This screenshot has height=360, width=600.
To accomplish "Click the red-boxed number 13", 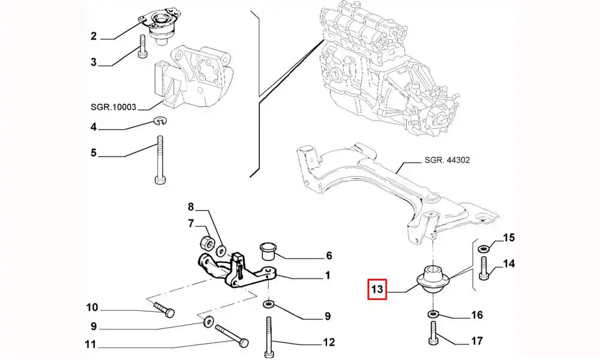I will pos(377,291).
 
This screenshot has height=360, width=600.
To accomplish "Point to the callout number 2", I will pos(94,37).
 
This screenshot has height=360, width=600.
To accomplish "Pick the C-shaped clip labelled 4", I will pos(160,122).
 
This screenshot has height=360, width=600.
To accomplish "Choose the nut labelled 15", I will pos(484,247).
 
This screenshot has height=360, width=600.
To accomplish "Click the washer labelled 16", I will pos(433,314).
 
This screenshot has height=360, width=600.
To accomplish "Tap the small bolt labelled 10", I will pos(164,310).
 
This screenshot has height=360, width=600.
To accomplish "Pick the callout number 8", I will pos(191,208).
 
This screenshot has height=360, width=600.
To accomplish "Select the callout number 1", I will pos(328,276).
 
